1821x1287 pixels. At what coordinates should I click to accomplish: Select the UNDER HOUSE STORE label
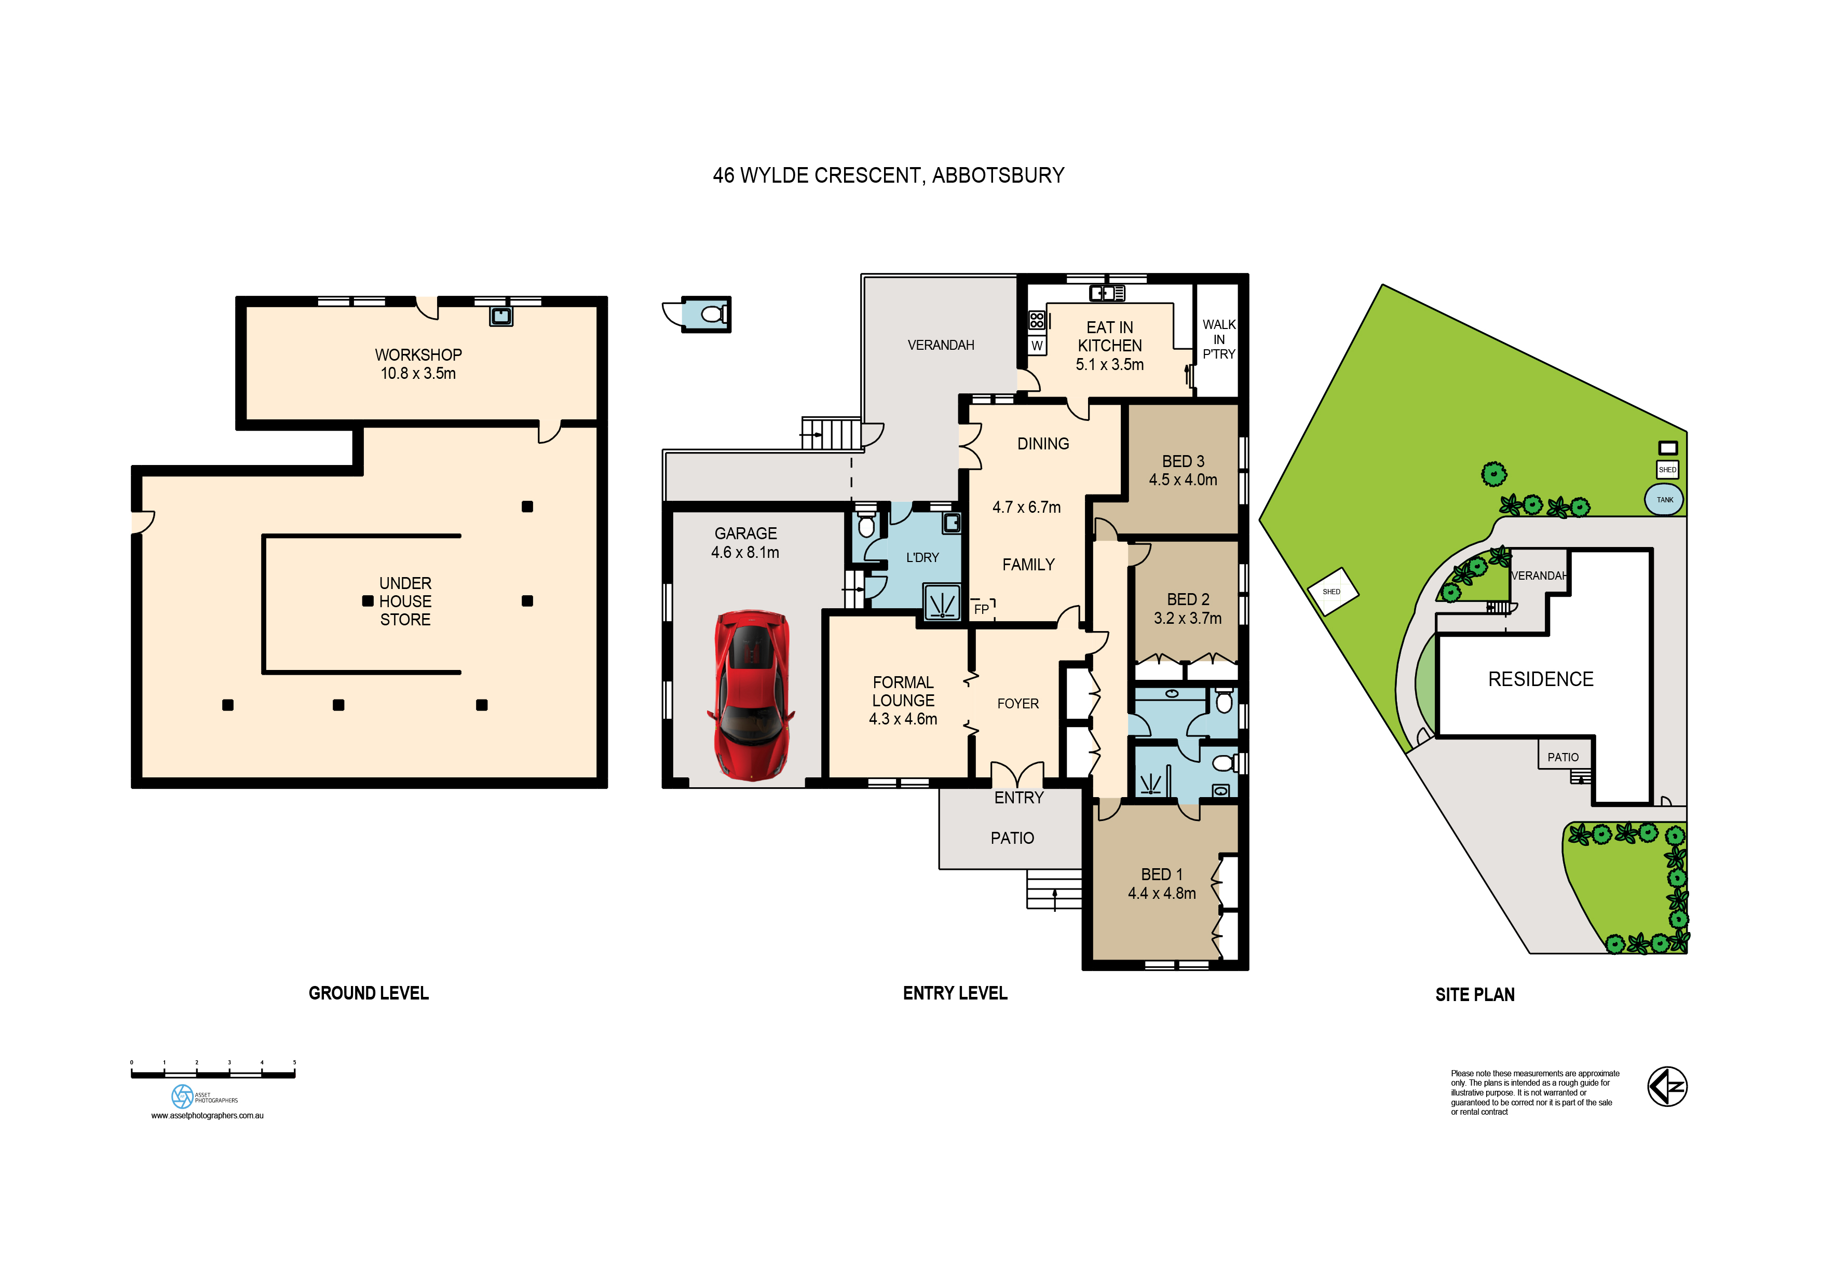pos(405,601)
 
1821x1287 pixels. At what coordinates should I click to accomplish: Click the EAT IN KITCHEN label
pos(1109,346)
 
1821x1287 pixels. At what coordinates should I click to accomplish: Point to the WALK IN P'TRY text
pos(1219,339)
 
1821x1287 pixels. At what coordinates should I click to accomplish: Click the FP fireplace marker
pos(981,609)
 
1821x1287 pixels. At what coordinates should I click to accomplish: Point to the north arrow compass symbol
pos(1667,1086)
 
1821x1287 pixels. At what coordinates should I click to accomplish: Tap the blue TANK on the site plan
pos(1664,500)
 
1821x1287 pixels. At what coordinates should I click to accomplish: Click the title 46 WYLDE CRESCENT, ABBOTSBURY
pos(888,175)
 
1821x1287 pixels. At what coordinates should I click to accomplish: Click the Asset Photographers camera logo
pos(182,1097)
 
